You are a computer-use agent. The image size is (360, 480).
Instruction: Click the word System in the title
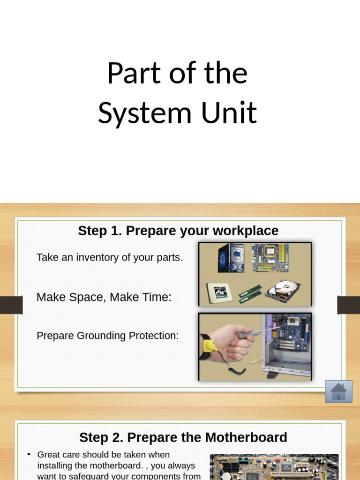pos(145,112)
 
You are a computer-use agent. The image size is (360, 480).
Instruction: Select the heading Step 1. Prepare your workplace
pos(178,231)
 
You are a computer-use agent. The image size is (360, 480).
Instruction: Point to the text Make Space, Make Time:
pos(104,297)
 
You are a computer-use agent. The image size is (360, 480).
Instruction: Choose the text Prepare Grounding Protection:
pos(108,336)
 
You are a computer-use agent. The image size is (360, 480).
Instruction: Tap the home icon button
pos(338,391)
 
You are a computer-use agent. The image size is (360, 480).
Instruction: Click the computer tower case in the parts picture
pos(231,258)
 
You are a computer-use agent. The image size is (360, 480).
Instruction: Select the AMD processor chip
pos(219,292)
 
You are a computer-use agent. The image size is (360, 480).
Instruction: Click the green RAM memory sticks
pos(250,293)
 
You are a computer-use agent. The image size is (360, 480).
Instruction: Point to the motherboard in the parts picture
pos(270,257)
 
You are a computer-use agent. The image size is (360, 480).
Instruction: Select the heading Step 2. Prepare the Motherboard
pos(183,437)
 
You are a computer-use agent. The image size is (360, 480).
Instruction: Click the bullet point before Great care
pos(29,454)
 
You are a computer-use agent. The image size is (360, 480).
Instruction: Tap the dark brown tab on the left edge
pos(11,305)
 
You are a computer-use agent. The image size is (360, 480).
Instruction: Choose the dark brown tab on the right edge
pos(349,305)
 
